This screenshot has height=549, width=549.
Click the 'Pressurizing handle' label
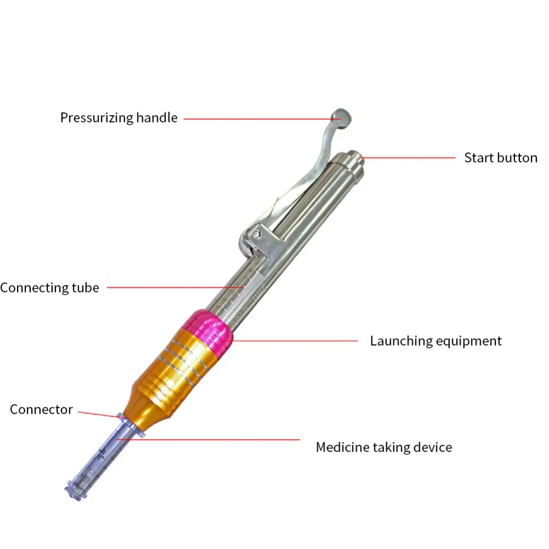(x=119, y=118)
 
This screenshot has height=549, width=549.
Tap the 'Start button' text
(x=501, y=158)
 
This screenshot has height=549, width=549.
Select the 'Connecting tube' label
(x=50, y=288)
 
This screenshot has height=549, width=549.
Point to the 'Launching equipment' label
(x=436, y=341)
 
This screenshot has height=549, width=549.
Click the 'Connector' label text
(x=41, y=410)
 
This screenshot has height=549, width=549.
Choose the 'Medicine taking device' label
(x=384, y=447)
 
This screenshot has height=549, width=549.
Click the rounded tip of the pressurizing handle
(x=341, y=119)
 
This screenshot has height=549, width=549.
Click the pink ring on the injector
(x=208, y=331)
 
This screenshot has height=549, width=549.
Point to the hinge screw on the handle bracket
(x=256, y=234)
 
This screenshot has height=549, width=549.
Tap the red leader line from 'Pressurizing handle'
(x=262, y=119)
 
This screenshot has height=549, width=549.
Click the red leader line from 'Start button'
(x=408, y=158)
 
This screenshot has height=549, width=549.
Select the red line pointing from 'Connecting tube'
(x=176, y=288)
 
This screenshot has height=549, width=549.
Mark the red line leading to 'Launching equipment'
(x=289, y=341)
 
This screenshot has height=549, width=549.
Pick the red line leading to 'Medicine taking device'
(x=208, y=439)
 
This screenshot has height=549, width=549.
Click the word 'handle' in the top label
(x=156, y=117)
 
